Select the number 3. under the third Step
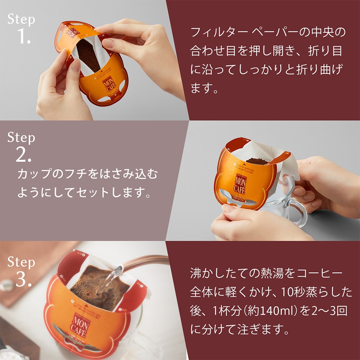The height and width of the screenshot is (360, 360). pyautogui.click(x=23, y=280)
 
